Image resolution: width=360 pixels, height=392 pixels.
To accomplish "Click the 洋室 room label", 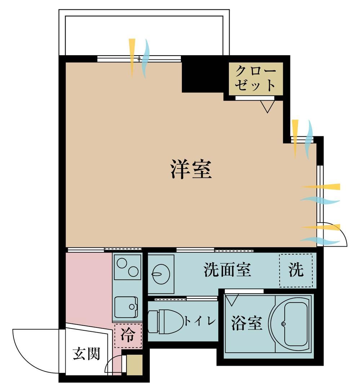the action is pos(191,169).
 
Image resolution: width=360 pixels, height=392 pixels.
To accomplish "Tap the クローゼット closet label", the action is pos(255,78).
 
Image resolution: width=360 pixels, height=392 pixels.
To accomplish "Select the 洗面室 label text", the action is pos(227,270).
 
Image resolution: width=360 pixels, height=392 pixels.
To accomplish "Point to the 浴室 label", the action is pos(246,323).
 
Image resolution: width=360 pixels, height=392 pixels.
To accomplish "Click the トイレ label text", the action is pos(200,321).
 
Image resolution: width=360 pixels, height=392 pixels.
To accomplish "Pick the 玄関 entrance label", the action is pos(86,354).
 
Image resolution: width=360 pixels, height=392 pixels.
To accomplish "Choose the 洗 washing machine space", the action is pos(296,270).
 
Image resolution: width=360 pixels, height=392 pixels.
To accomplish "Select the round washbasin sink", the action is pos(161,274).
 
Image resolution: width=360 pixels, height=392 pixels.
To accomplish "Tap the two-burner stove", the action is pos(128,267).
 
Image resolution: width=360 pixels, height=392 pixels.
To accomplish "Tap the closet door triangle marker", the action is pos(267,107).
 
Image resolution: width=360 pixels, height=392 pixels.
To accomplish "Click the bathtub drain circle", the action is pos(284,324).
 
